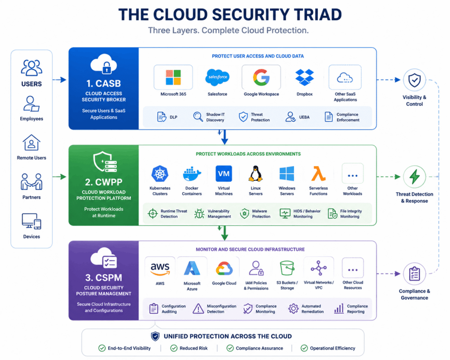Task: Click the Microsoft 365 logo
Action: (x=173, y=77)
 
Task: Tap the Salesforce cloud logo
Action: (x=217, y=77)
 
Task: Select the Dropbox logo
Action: (x=305, y=77)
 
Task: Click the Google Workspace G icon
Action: (x=261, y=77)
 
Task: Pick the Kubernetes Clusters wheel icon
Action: (x=160, y=174)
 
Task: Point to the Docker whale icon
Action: (x=192, y=174)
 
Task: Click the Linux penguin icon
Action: (x=255, y=174)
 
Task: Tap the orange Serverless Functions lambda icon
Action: (x=319, y=173)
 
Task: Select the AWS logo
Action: (x=160, y=269)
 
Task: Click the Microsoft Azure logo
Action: (x=192, y=269)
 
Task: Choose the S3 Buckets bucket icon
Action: (x=287, y=268)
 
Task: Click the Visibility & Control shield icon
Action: (x=414, y=80)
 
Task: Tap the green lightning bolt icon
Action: (x=414, y=176)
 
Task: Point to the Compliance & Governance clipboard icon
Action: (x=414, y=273)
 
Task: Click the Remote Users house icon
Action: (x=31, y=142)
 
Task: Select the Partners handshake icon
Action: (x=32, y=182)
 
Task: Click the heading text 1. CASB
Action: (x=104, y=84)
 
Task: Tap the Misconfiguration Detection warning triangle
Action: (x=198, y=309)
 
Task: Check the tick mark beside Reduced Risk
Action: (x=174, y=348)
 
